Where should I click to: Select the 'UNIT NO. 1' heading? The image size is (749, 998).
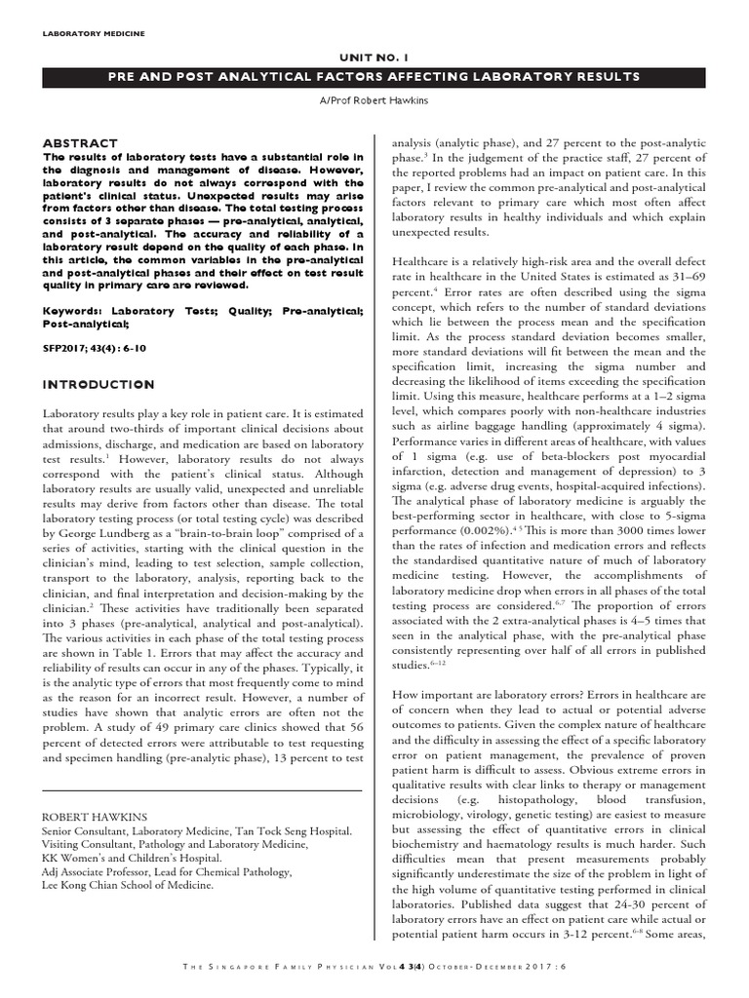coord(374,58)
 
